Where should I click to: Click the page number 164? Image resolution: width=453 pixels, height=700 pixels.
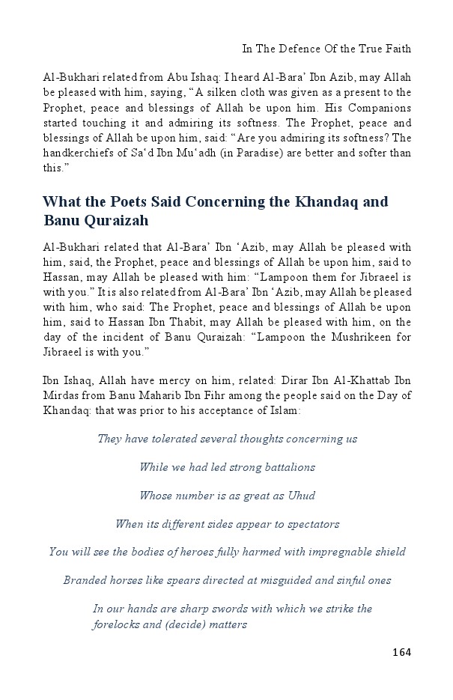coord(401,652)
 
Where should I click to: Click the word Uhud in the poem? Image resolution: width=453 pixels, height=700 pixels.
coord(300,496)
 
